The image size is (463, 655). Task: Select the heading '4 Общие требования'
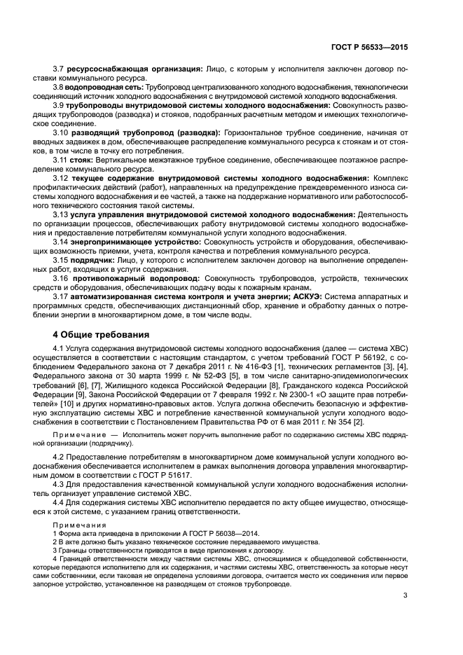point(102,333)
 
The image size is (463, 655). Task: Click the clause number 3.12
point(61,178)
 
